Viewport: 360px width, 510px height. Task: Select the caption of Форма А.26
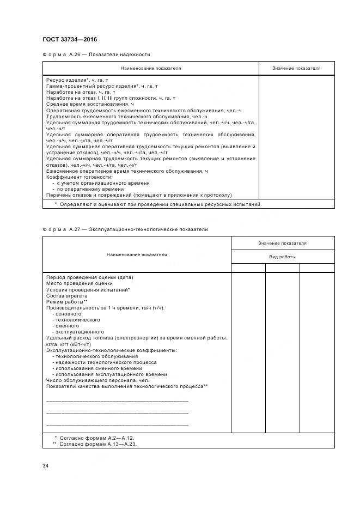pos(96,54)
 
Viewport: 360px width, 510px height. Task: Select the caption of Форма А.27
pos(125,229)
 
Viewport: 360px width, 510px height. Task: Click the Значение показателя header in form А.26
pos(296,68)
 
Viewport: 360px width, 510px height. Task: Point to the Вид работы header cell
pos(283,256)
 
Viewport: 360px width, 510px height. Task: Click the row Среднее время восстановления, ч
pos(90,104)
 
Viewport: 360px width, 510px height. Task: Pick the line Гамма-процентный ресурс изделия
pos(102,86)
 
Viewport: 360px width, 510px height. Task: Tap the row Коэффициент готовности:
pos(79,177)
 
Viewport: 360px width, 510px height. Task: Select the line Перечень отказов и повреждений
pos(139,195)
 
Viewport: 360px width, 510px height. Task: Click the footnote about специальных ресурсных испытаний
pos(158,204)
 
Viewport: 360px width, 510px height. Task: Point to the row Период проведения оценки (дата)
pos(90,277)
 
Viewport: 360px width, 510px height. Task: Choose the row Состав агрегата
pos(67,295)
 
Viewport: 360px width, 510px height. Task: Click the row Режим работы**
pos(67,301)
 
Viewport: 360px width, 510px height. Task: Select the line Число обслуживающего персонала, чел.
pos(97,380)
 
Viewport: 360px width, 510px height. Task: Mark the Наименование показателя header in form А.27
pos(137,254)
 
